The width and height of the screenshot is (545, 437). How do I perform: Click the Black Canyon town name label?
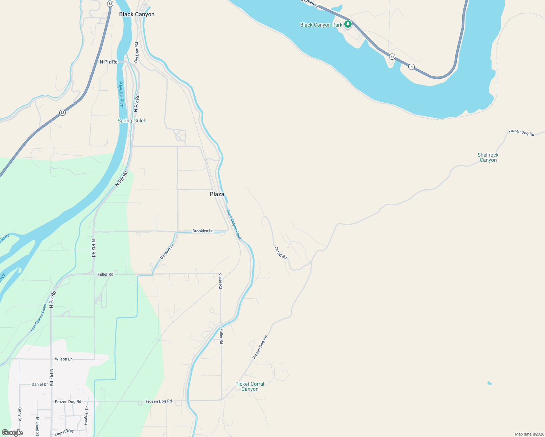137,14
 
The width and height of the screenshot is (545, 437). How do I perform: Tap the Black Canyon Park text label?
321,25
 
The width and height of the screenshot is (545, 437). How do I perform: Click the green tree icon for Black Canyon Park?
348,24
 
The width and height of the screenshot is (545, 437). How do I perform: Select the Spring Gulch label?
132,121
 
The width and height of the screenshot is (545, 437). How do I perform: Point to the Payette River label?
121,95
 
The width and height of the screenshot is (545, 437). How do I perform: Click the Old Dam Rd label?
137,52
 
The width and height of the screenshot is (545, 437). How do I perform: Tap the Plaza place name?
217,194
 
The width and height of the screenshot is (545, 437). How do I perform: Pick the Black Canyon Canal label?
234,224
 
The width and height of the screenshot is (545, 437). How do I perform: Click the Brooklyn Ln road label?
203,231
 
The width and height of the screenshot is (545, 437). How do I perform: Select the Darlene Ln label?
167,252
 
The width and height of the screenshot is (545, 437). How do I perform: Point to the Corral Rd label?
281,253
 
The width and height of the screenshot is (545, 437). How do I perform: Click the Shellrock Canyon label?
488,157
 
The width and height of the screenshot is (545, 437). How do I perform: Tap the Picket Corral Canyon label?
250,386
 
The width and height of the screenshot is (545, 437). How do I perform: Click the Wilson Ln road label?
63,359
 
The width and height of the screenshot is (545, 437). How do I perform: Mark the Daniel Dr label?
40,384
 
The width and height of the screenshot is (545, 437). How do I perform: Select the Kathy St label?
20,414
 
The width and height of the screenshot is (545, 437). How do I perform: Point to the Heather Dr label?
86,416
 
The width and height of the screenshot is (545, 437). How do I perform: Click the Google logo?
12,433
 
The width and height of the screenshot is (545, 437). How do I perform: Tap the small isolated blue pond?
489,383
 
